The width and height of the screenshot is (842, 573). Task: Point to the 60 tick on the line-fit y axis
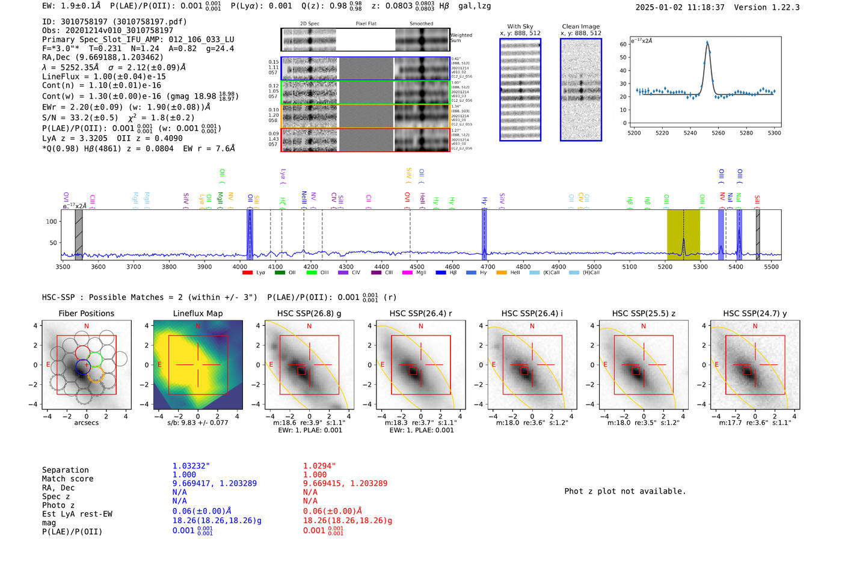pyautogui.click(x=623, y=44)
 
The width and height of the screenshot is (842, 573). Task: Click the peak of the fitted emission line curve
pyautogui.click(x=707, y=42)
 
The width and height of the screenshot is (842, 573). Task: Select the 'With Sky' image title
pyautogui.click(x=520, y=26)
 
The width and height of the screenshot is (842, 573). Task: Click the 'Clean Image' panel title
pyautogui.click(x=580, y=26)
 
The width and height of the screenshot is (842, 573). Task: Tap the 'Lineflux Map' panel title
pyautogui.click(x=197, y=313)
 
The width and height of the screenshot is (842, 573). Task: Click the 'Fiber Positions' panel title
pyautogui.click(x=86, y=313)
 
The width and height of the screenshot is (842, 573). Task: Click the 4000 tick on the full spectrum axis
pyautogui.click(x=239, y=267)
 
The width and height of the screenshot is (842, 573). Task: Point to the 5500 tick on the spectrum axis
pyautogui.click(x=771, y=267)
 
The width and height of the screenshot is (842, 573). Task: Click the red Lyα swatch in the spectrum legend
pyautogui.click(x=247, y=273)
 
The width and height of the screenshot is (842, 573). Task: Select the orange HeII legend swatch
pyautogui.click(x=501, y=273)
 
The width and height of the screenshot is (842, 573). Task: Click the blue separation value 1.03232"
pyautogui.click(x=191, y=466)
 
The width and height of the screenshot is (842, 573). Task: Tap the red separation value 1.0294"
pyautogui.click(x=319, y=466)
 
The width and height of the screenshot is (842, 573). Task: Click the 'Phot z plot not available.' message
pyautogui.click(x=625, y=491)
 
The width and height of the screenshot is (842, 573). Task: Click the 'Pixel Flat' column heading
pyautogui.click(x=366, y=24)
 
